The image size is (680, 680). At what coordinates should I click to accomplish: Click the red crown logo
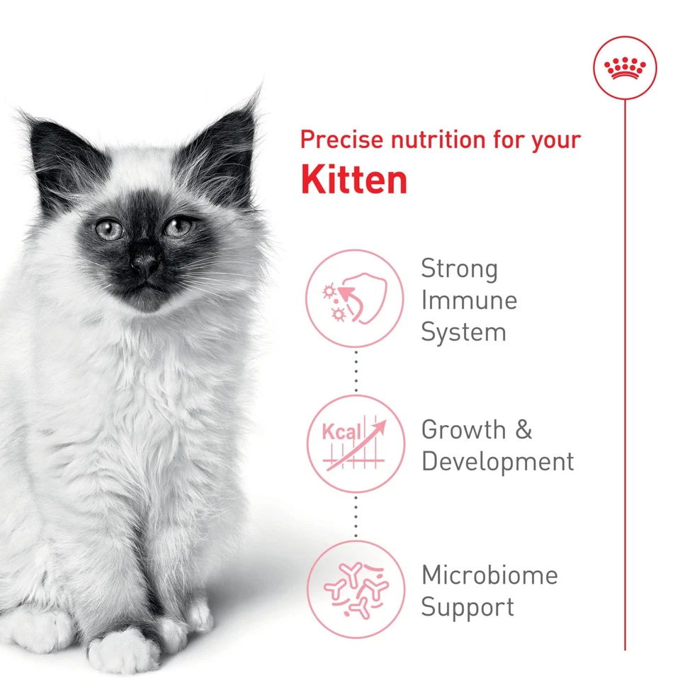click(x=625, y=68)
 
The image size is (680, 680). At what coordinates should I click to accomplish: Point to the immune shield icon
click(x=355, y=298)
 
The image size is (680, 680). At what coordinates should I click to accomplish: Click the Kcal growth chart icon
click(x=355, y=443)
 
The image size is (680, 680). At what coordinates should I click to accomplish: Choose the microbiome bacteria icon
click(x=355, y=589)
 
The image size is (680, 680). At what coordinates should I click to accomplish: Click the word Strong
click(x=460, y=269)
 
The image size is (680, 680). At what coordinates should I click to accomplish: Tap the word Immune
click(x=469, y=300)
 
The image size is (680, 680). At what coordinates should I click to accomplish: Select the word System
click(x=463, y=332)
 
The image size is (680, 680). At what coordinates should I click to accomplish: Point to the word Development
click(x=497, y=462)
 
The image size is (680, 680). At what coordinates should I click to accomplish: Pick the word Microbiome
click(x=489, y=575)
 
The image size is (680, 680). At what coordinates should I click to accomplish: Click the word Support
click(x=467, y=608)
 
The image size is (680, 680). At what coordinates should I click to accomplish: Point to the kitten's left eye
click(x=178, y=227)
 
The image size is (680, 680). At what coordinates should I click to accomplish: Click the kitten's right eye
click(x=109, y=229)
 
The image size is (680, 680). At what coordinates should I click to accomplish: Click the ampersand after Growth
click(x=523, y=429)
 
